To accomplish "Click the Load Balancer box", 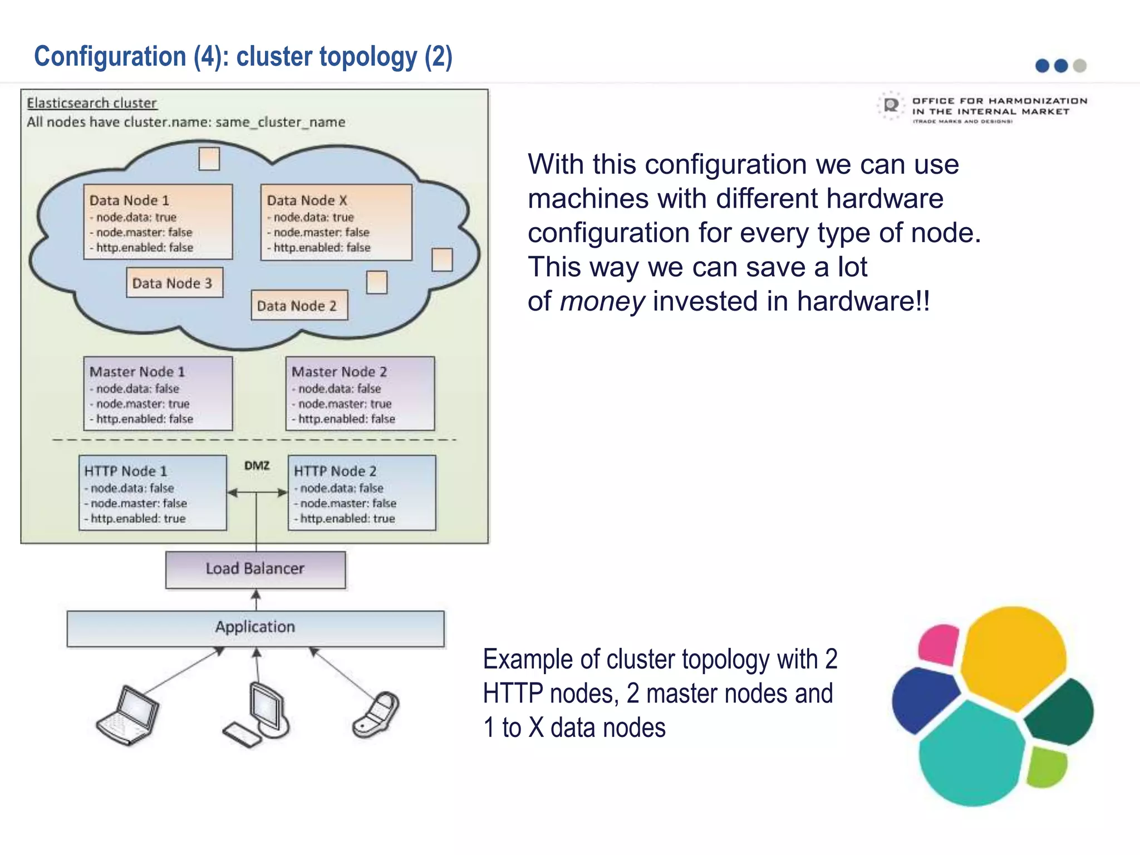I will point(255,569).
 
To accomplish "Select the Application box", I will point(255,628).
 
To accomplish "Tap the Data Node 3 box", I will point(174,283).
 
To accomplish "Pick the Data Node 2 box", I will point(299,305).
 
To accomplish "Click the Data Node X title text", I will point(307,200).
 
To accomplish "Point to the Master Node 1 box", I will point(158,394).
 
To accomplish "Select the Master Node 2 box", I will point(360,394).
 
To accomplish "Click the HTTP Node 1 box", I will point(153,493).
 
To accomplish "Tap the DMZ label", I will point(257,465).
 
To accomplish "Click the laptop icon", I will point(128,715).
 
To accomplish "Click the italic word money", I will point(602,301).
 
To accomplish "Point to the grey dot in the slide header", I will point(1079,66).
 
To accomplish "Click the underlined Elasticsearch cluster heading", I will point(92,103).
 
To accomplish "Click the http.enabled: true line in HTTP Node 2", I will point(347,518).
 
